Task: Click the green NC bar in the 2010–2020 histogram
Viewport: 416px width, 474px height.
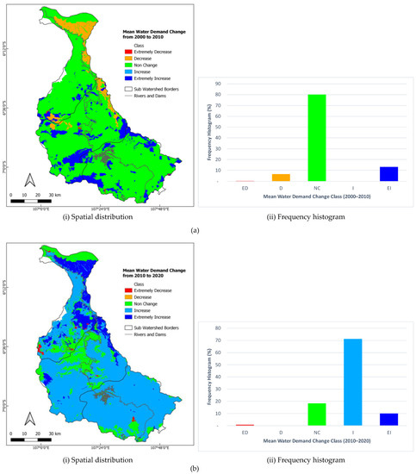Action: [316, 415]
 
